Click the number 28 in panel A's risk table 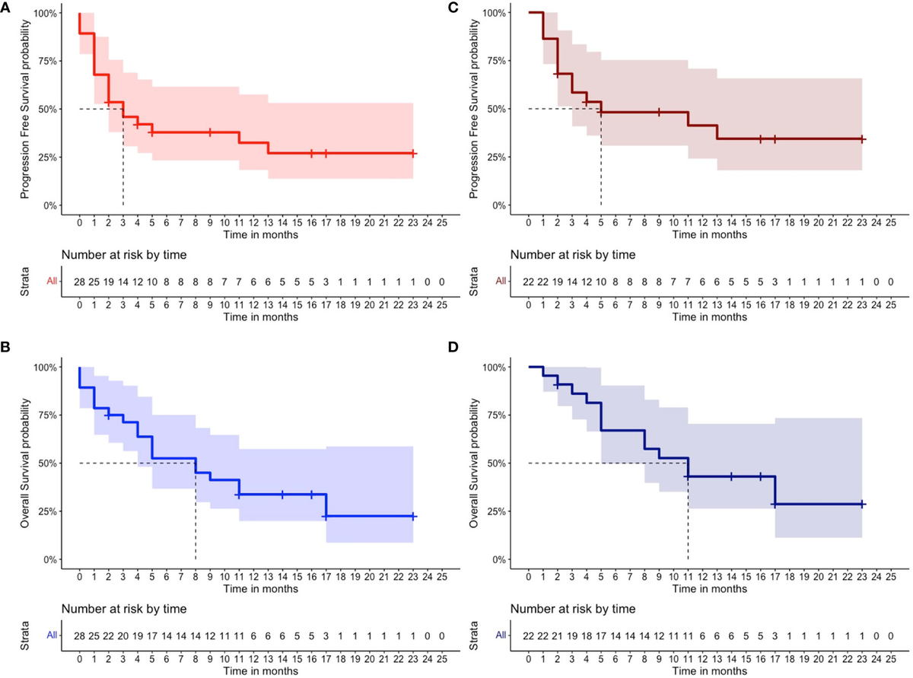click(79, 282)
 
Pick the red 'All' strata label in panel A click(51, 282)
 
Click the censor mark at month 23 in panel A click(412, 153)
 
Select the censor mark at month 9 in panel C click(659, 112)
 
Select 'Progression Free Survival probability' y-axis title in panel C click(474, 109)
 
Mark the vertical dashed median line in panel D click(688, 525)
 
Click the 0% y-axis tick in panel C click(495, 205)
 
